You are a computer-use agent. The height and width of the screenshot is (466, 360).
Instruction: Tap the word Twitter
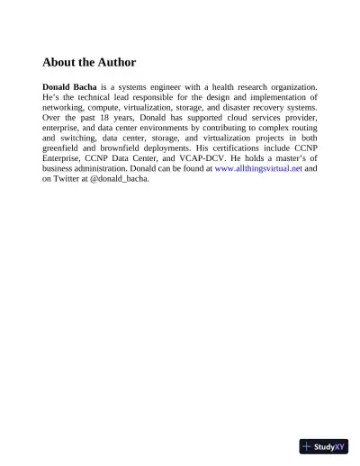coord(70,177)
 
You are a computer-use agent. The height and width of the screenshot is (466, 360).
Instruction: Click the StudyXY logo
coord(324,445)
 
